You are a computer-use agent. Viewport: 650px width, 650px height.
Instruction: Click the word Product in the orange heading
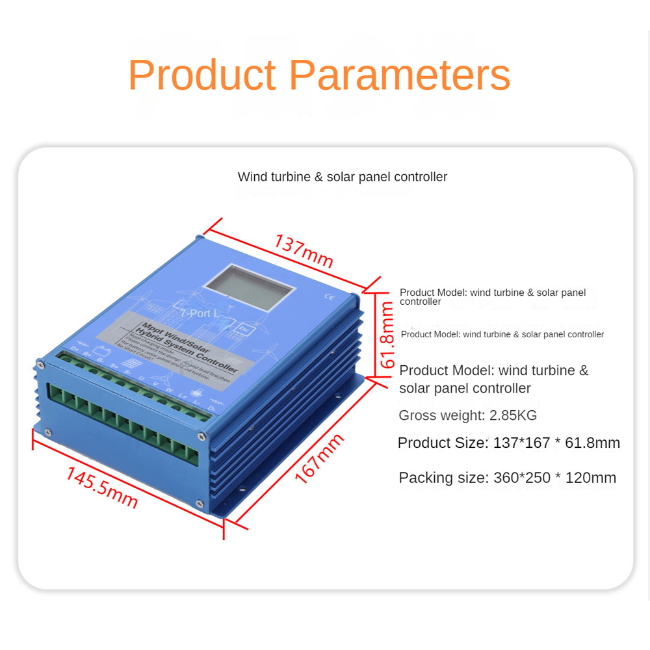tap(202, 75)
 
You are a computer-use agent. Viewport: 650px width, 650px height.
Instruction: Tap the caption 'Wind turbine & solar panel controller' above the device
tap(343, 177)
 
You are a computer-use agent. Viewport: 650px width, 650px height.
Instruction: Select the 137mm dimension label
tap(304, 251)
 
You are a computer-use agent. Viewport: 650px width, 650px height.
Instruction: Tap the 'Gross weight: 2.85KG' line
tap(468, 415)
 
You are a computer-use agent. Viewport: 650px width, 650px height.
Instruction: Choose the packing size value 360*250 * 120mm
tap(554, 478)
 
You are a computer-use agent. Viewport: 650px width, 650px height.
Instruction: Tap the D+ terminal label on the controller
tap(75, 352)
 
